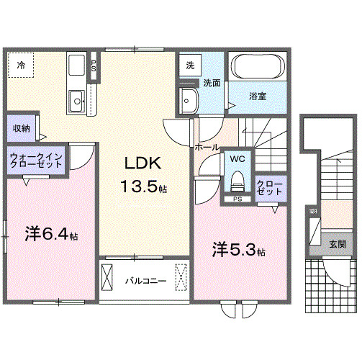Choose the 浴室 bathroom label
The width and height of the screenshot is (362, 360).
point(258,95)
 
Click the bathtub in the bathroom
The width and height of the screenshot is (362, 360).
point(258,68)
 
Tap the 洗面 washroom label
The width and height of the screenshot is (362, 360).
point(211,82)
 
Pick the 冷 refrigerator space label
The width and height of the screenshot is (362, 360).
point(21,65)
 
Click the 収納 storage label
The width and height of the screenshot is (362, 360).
point(21,128)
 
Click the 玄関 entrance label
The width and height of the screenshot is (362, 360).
point(338,245)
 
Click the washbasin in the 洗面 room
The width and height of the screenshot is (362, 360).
point(189,101)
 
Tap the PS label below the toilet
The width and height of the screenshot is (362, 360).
point(237,199)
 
